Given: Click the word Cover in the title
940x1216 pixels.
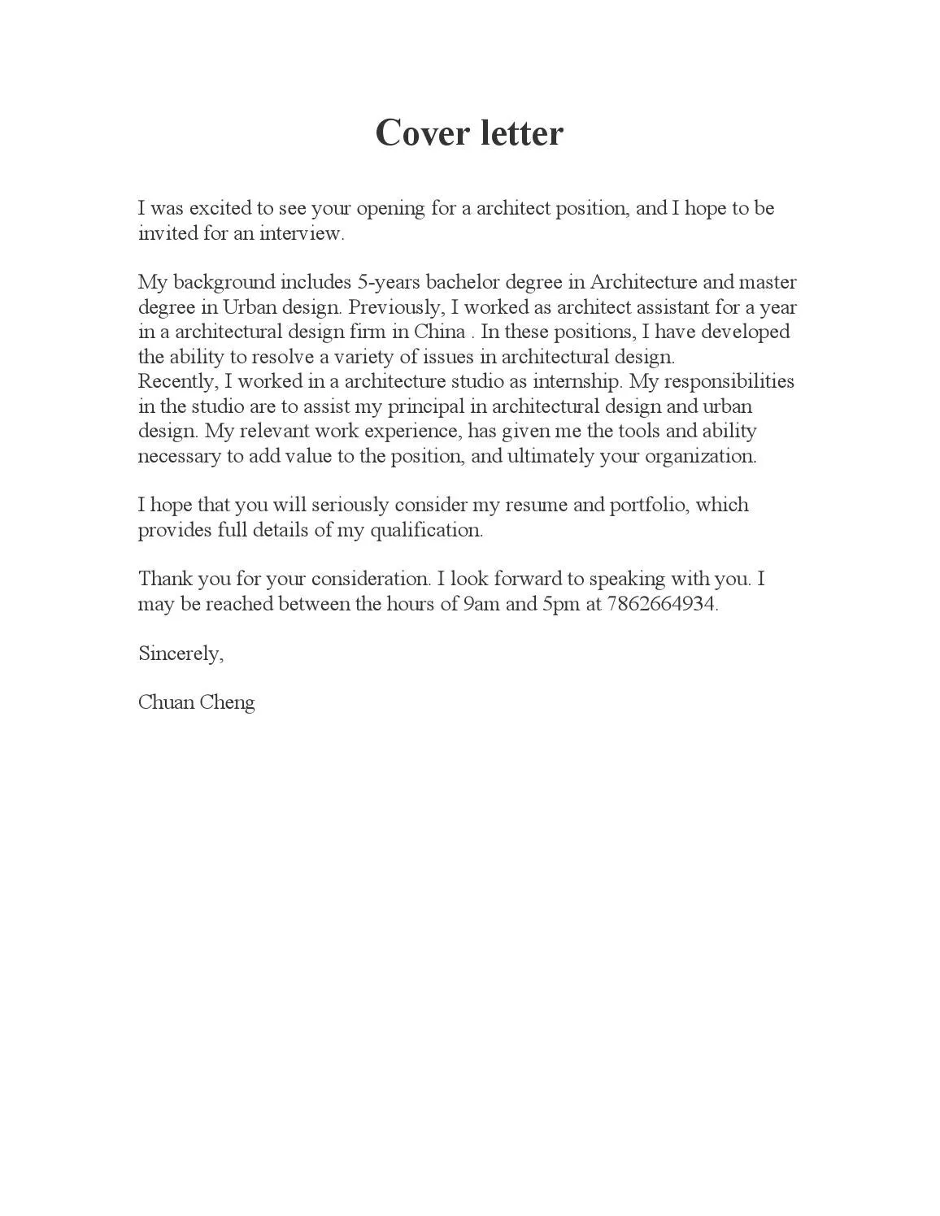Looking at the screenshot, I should click(x=420, y=133).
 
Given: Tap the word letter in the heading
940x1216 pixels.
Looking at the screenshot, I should click(x=521, y=133).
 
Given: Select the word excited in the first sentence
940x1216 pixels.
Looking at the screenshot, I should click(x=220, y=208).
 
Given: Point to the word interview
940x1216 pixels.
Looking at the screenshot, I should click(x=302, y=233).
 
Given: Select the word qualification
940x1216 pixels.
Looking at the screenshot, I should click(x=426, y=530).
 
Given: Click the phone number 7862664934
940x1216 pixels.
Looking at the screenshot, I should click(x=662, y=604).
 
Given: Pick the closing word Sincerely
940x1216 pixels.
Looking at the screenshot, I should click(x=180, y=654).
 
